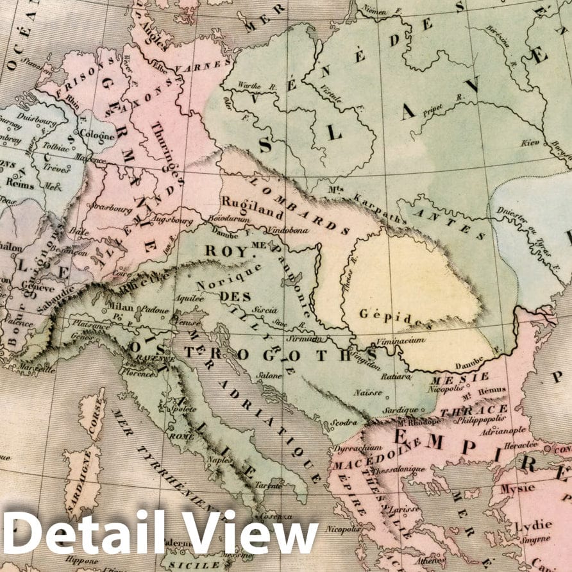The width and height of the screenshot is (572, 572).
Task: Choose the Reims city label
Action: (19, 182)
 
